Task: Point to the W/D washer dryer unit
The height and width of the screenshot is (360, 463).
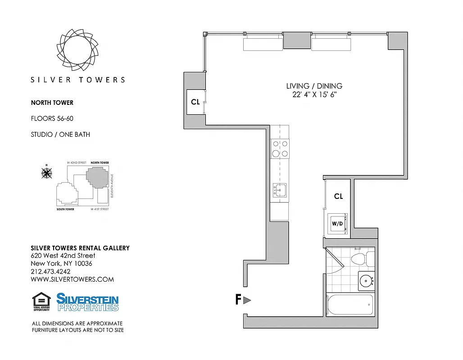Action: click(337, 223)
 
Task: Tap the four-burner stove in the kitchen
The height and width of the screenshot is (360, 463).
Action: click(280, 148)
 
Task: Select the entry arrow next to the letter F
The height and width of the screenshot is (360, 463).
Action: click(247, 300)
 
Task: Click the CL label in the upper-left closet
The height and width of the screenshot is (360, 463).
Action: click(195, 102)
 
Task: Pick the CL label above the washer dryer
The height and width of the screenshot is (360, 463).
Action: click(338, 196)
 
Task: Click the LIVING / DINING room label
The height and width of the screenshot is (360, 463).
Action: click(314, 86)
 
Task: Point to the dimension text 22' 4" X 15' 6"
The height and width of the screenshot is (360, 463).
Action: click(314, 94)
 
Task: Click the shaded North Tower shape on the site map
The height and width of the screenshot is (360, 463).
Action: click(98, 177)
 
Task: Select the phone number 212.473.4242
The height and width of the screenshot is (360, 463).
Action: click(50, 271)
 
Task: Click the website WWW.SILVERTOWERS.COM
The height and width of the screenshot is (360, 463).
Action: click(72, 279)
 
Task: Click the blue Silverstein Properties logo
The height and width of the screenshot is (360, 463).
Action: click(87, 302)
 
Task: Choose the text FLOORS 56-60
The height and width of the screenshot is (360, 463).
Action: click(52, 118)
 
